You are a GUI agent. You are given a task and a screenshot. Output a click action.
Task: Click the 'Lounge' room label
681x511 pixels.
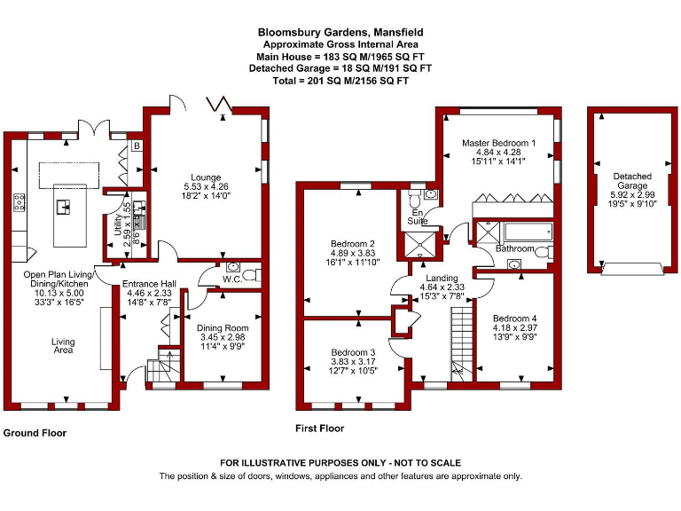click(205, 177)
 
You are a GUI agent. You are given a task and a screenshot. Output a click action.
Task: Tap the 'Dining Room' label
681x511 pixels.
click(222, 328)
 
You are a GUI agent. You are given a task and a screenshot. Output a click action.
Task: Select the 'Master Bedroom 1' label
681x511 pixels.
click(498, 142)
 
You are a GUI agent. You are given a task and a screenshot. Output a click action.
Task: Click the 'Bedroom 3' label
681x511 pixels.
click(352, 353)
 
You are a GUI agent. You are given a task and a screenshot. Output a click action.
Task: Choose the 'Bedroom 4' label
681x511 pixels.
click(515, 318)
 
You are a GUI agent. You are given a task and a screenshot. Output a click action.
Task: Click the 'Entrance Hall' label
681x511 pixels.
click(148, 284)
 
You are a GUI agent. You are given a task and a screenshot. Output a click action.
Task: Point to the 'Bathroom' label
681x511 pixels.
click(515, 249)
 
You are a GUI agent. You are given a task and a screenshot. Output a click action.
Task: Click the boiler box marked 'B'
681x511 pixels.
click(137, 145)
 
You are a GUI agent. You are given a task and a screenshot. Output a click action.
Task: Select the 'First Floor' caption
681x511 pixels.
click(319, 428)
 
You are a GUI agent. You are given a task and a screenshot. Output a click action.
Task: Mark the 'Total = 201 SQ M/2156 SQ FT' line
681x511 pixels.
click(340, 80)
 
